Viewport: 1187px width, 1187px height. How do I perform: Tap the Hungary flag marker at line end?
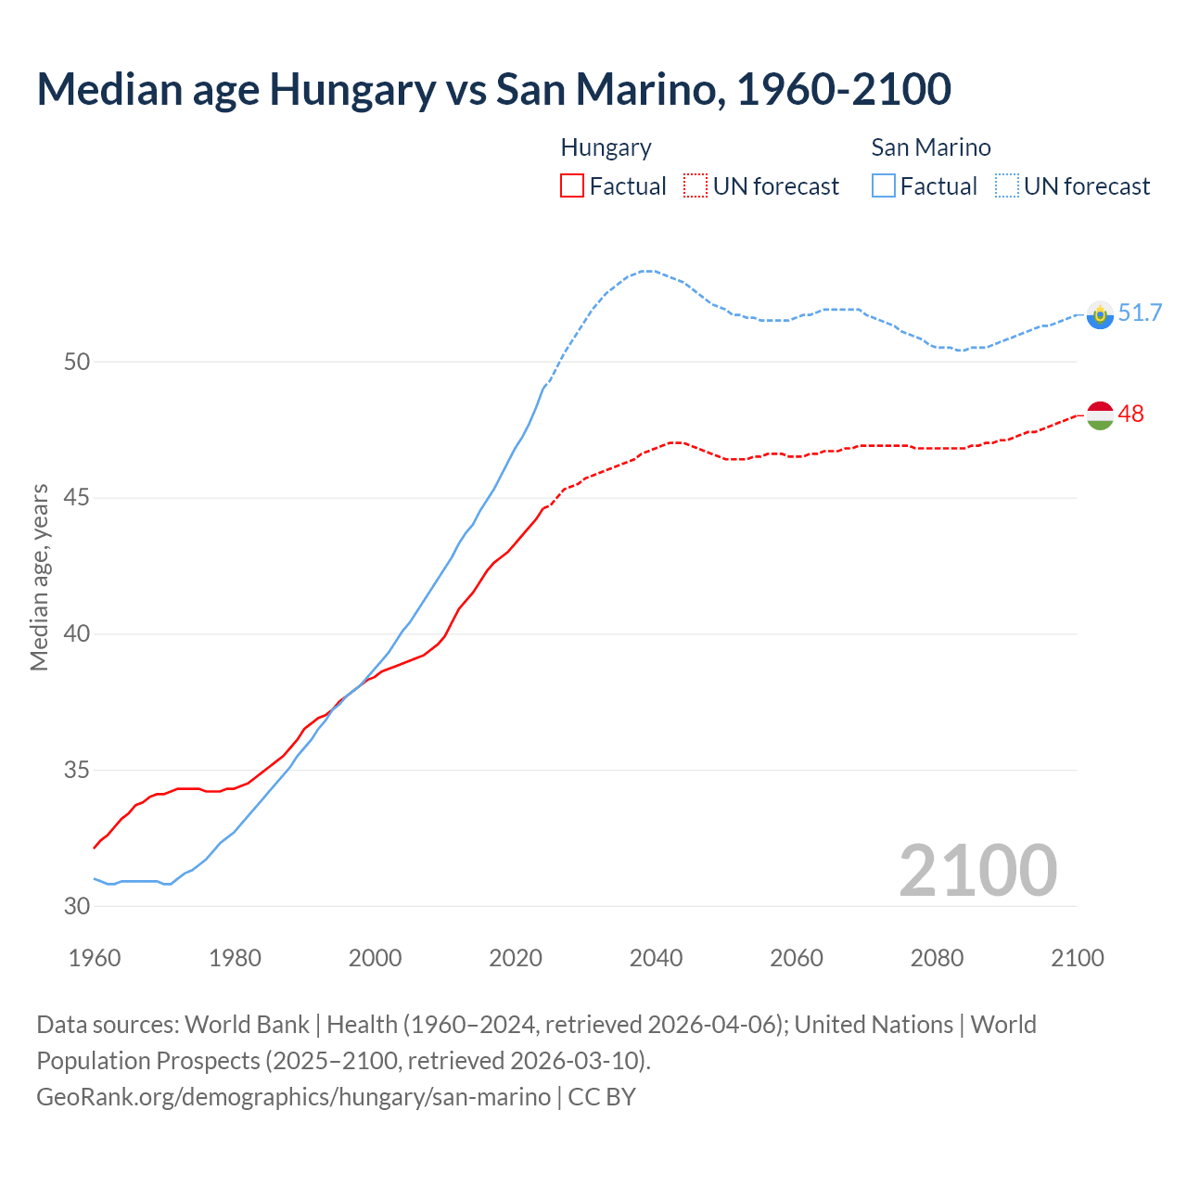click(x=1099, y=415)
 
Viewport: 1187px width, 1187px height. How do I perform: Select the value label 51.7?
click(x=1140, y=313)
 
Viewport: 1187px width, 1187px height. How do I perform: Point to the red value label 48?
click(x=1130, y=415)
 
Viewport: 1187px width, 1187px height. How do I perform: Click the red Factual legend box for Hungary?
click(x=572, y=186)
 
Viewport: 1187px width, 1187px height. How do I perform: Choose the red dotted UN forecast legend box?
click(x=696, y=186)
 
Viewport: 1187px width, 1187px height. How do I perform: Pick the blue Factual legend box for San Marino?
click(x=884, y=186)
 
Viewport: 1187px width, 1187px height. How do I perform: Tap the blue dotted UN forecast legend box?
click(x=1007, y=186)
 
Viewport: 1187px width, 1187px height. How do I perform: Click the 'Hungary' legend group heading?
click(x=606, y=148)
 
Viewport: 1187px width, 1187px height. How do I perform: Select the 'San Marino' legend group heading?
click(x=930, y=148)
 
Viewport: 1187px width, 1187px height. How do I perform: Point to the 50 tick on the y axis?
click(x=77, y=362)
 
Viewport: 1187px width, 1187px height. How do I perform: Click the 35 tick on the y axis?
click(x=77, y=771)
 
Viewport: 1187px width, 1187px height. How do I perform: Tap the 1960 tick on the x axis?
click(x=95, y=958)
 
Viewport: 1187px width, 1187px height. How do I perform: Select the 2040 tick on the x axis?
click(x=656, y=958)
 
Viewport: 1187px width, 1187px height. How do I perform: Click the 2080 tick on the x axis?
click(x=937, y=958)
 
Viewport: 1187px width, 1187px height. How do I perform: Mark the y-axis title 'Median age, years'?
click(x=39, y=577)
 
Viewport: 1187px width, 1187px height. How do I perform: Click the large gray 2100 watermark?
click(x=977, y=871)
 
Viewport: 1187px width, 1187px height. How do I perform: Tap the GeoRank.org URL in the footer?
click(x=293, y=1097)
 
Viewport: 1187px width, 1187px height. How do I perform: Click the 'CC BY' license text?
click(x=602, y=1097)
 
